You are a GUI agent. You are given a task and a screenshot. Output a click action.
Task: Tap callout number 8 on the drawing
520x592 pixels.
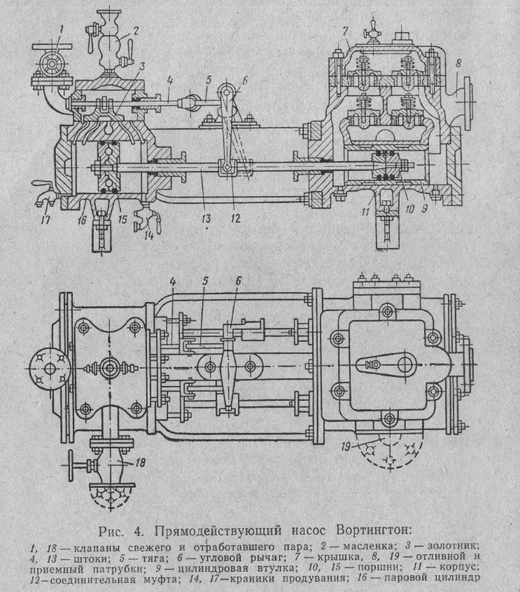coord(459,62)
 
